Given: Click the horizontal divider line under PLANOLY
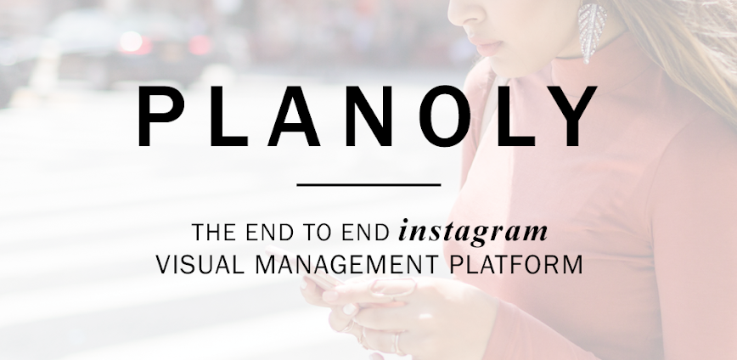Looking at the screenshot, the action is coord(369,185).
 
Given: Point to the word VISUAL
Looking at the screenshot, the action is coord(200,265).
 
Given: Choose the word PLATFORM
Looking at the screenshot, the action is coord(516,265).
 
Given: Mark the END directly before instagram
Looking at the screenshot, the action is coord(366,233).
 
